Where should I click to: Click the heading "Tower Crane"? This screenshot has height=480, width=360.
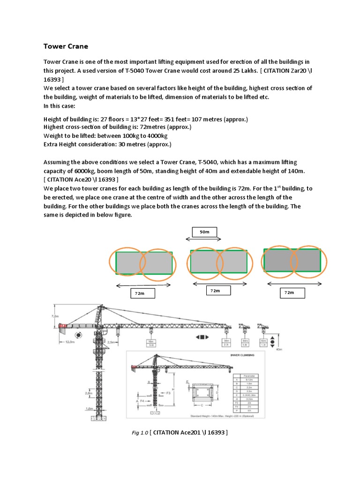click(x=66, y=46)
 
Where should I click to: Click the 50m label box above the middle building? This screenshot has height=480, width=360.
click(x=204, y=232)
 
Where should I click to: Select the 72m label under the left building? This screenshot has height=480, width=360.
click(x=139, y=293)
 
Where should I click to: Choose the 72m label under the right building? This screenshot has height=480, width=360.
click(x=289, y=293)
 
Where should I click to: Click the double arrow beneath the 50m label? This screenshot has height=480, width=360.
click(x=204, y=240)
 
